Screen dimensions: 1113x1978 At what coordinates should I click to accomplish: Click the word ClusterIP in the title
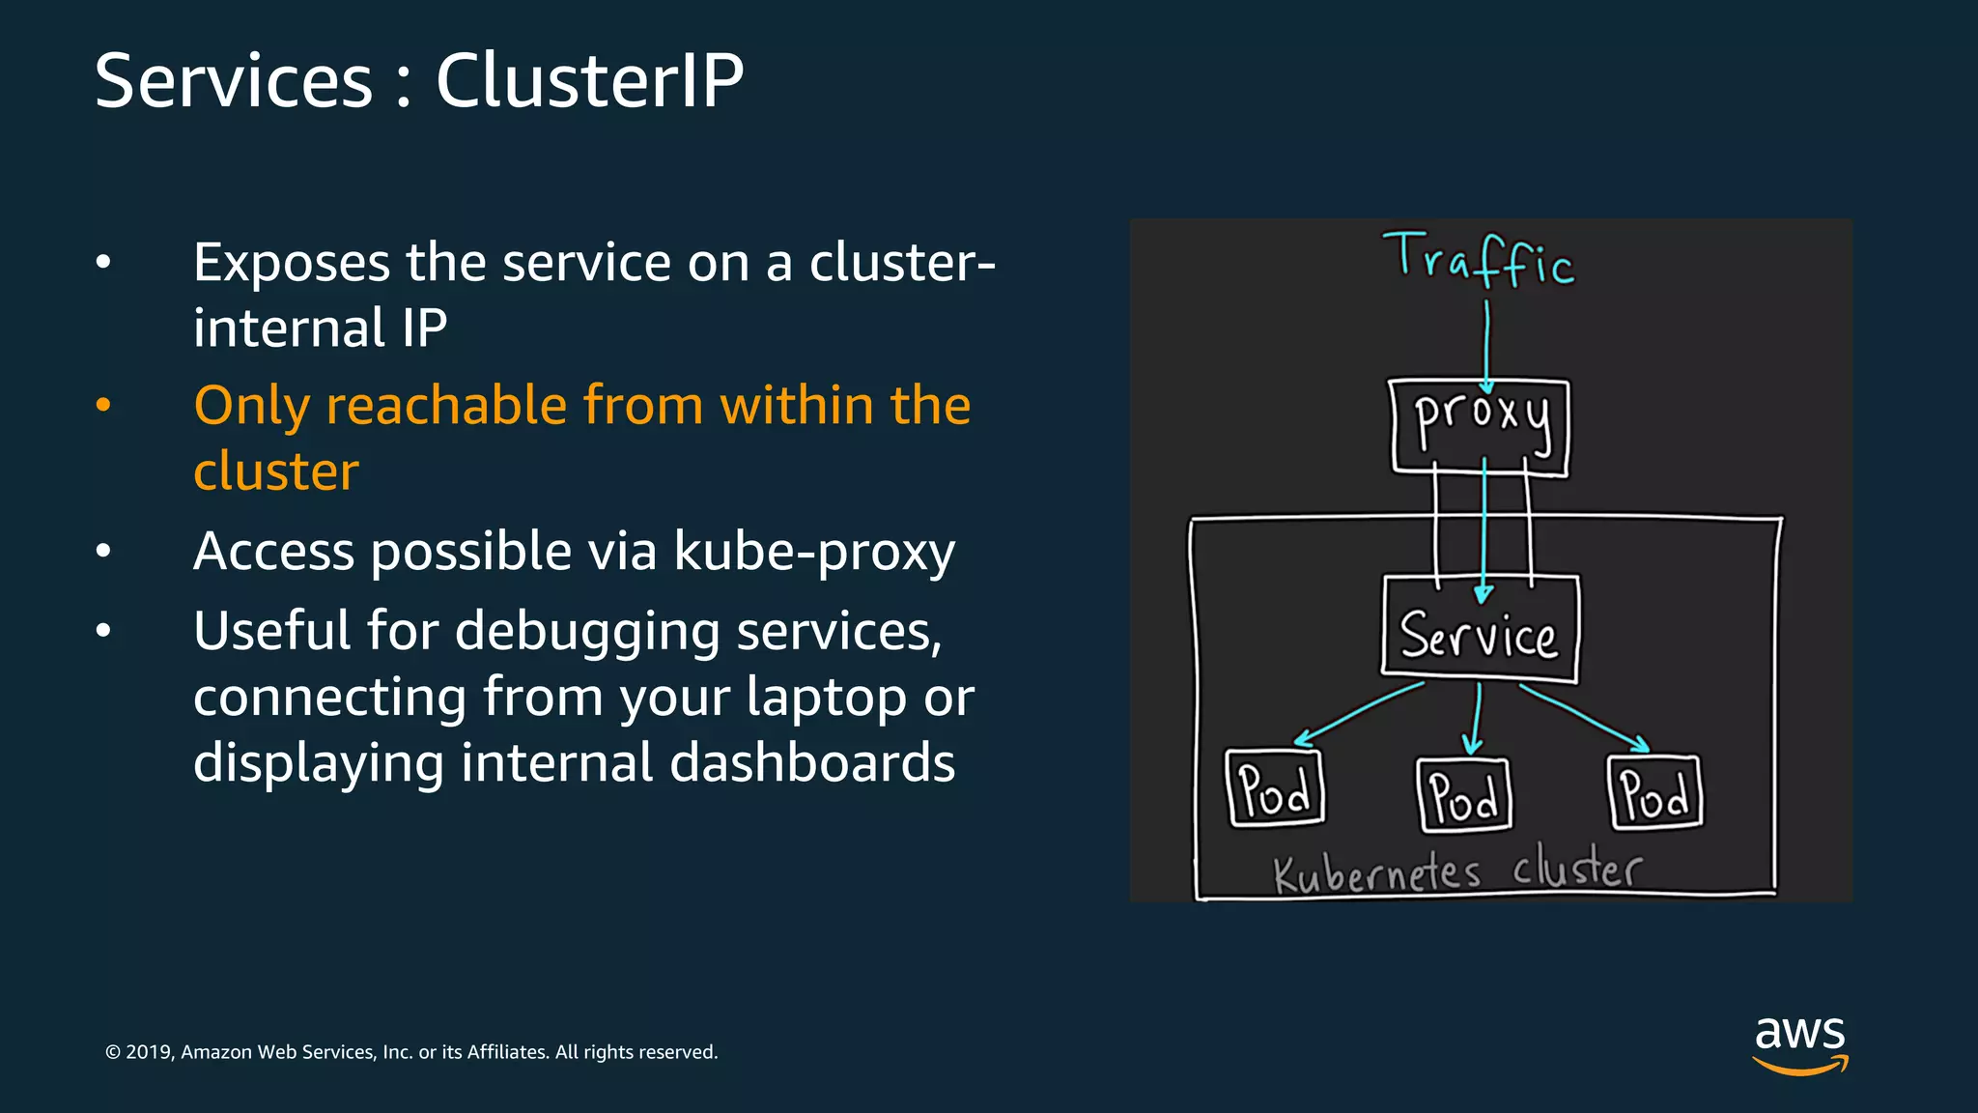click(x=589, y=80)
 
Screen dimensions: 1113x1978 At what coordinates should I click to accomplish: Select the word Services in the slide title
click(x=234, y=80)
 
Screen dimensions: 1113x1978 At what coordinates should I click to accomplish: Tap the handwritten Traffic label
click(x=1479, y=259)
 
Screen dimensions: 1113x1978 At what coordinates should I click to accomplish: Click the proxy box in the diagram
click(x=1480, y=426)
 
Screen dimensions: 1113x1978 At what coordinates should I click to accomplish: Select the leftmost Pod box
click(x=1275, y=789)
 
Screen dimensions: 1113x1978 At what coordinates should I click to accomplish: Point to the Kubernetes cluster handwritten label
click(x=1456, y=870)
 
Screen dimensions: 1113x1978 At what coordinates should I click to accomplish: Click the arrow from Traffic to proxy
click(x=1486, y=343)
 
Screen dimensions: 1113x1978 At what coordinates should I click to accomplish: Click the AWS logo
click(x=1799, y=1043)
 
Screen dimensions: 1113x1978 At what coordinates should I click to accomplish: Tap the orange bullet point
click(x=103, y=405)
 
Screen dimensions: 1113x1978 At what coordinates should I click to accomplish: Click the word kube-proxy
click(x=813, y=552)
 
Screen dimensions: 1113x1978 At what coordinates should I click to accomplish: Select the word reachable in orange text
click(x=445, y=405)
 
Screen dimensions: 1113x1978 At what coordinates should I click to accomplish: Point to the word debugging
click(x=587, y=632)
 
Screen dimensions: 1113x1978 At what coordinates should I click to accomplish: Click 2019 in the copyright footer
click(x=148, y=1052)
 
